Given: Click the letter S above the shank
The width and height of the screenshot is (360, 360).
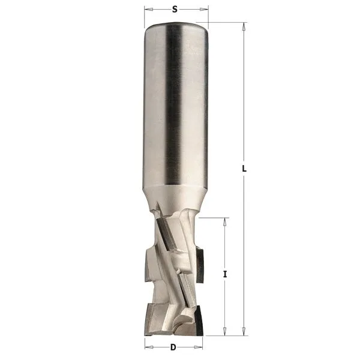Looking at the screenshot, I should (175, 9).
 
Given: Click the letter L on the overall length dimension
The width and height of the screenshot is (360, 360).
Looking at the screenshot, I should (244, 169).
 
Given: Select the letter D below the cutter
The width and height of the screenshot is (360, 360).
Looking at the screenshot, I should (173, 347).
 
